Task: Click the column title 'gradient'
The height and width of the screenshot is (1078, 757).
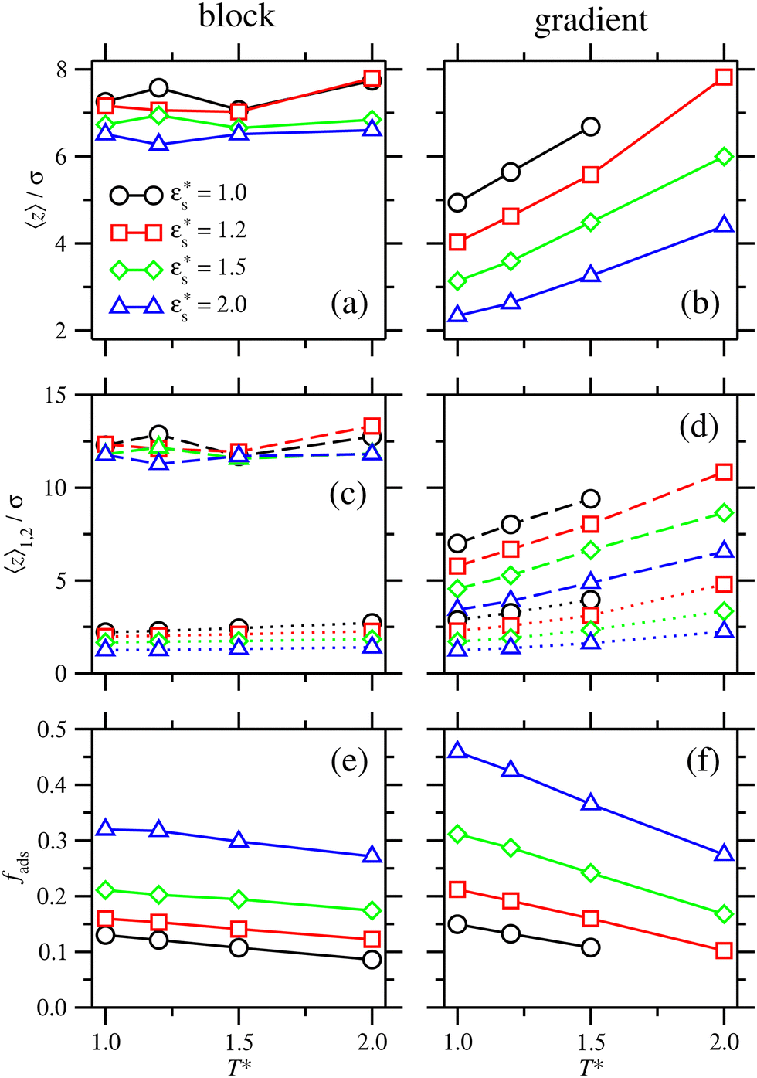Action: click(591, 20)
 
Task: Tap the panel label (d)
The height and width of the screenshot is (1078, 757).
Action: click(699, 426)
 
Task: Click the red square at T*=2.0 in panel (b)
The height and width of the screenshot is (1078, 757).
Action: click(724, 77)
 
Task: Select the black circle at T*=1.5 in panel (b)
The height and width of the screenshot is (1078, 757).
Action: click(591, 127)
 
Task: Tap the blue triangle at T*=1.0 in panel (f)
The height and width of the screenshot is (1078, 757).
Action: click(457, 750)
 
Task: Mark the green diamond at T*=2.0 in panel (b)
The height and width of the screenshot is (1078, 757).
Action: click(724, 157)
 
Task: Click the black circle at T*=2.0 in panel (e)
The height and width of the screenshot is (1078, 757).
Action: click(372, 960)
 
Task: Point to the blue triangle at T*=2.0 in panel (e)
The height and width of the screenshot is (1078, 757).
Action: click(372, 855)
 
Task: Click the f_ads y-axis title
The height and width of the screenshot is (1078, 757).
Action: click(23, 869)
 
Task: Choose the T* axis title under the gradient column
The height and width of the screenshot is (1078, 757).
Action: click(591, 1067)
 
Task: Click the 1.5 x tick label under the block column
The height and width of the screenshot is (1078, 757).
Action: click(239, 1042)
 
